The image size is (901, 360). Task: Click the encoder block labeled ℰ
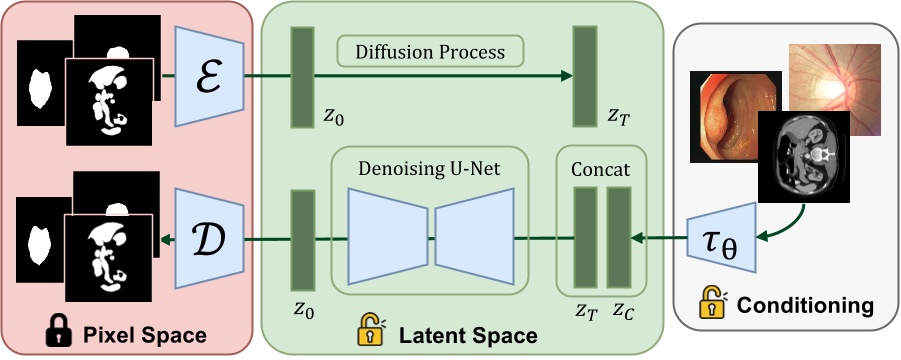click(x=206, y=75)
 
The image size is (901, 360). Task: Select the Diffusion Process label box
click(x=432, y=50)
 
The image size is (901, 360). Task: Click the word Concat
click(x=601, y=170)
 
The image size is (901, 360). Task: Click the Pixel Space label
click(x=146, y=334)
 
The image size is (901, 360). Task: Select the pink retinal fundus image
click(x=836, y=88)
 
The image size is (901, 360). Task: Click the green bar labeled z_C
click(x=619, y=237)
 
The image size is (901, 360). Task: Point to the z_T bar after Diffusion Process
click(x=584, y=77)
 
